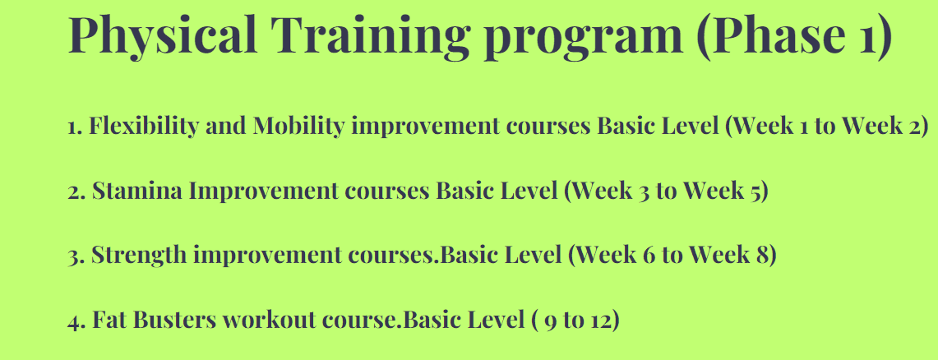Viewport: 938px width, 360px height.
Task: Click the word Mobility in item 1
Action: pos(298,127)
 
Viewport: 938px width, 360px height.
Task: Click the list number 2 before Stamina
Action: pos(76,192)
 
